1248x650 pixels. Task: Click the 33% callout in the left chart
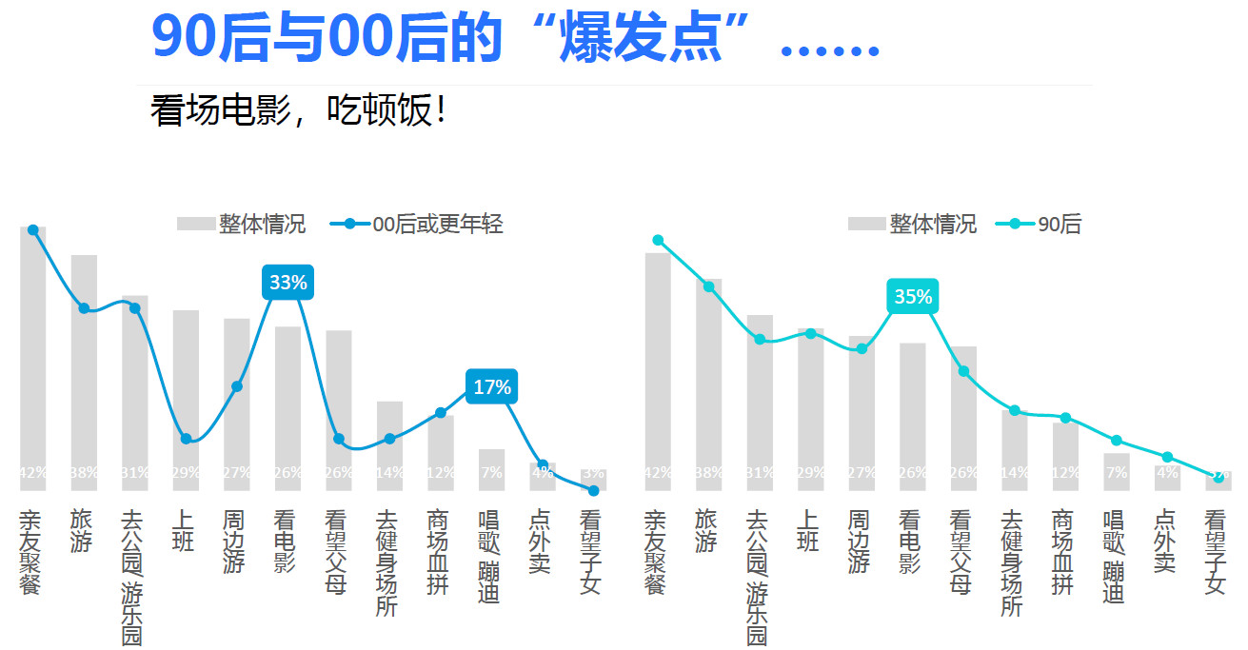pos(287,283)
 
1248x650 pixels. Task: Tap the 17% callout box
pos(492,387)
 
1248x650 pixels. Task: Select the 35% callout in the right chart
pos(913,297)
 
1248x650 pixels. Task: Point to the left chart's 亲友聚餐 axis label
pos(30,552)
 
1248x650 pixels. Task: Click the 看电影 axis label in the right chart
pos(910,542)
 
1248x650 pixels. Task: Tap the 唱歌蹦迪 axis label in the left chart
pos(488,558)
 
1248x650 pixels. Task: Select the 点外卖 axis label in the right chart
pos(1164,542)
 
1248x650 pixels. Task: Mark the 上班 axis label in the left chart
pos(183,531)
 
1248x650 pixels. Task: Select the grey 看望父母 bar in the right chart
pos(963,419)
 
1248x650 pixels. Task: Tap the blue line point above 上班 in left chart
pos(186,439)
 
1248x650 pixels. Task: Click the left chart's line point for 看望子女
pos(593,491)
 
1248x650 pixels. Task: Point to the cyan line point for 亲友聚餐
pos(658,240)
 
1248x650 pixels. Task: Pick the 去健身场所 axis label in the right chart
pos(1012,562)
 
